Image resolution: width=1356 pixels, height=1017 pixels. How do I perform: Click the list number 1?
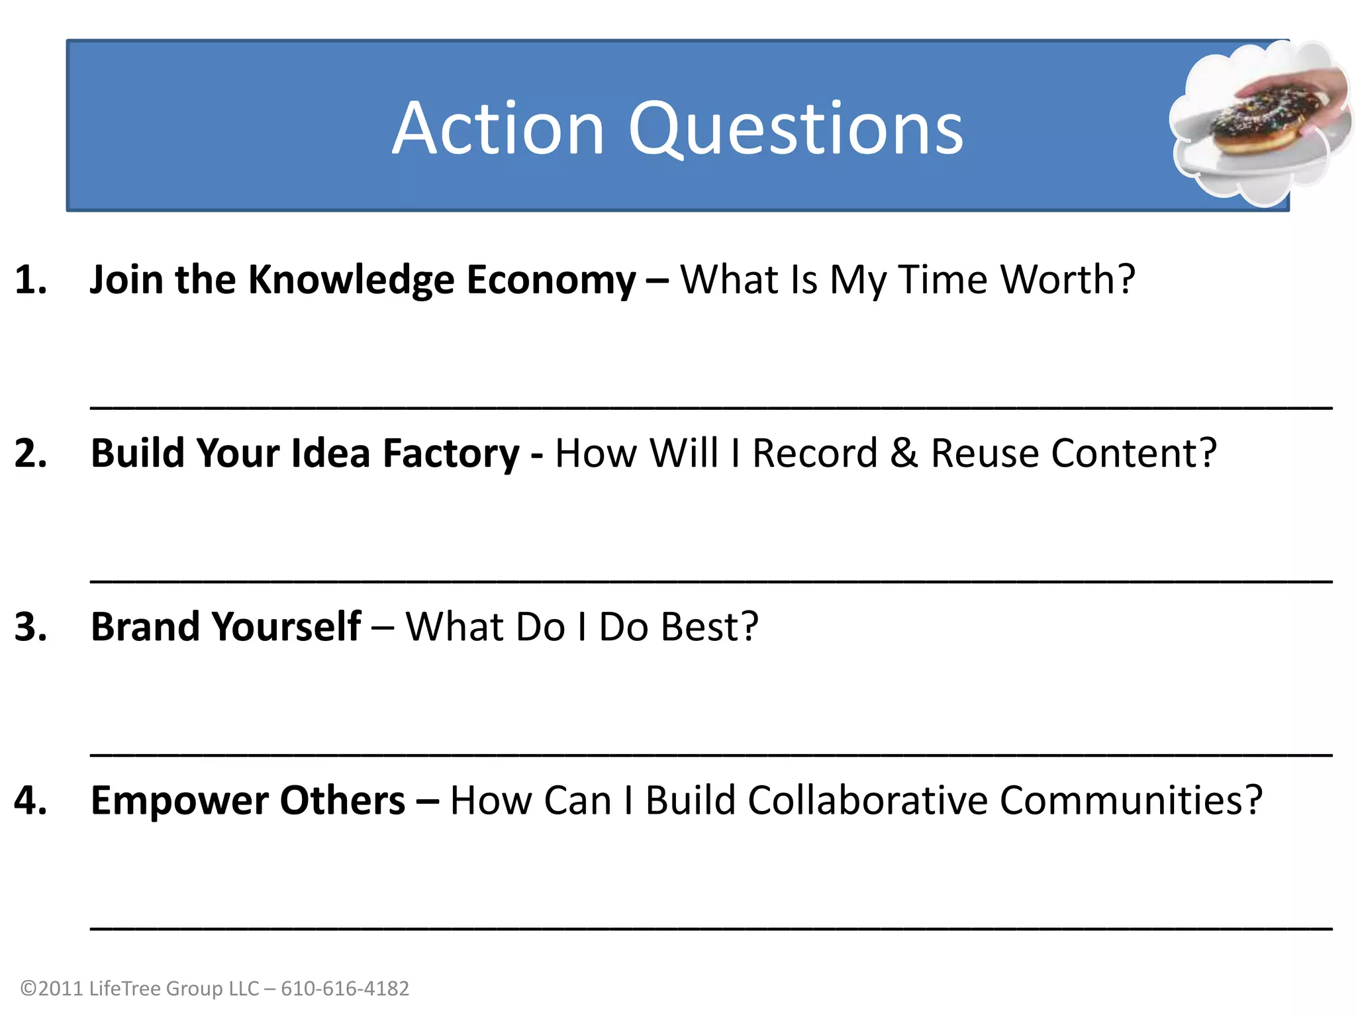click(x=30, y=279)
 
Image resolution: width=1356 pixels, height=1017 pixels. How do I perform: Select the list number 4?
click(x=30, y=800)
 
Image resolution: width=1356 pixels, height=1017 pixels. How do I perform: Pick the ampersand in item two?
click(x=904, y=454)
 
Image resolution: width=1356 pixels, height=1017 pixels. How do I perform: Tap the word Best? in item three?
click(x=709, y=626)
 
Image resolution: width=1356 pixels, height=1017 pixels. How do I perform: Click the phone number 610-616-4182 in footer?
click(x=345, y=988)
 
